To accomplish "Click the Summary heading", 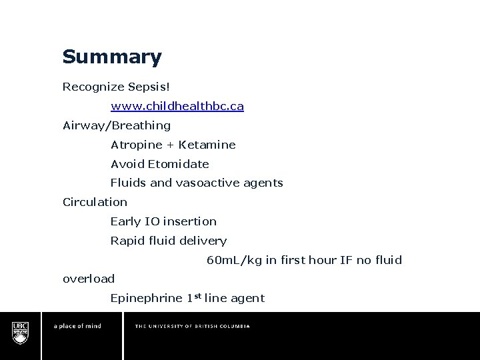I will point(112,57).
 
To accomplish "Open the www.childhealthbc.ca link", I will point(177,106).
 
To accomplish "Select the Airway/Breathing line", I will point(117,125).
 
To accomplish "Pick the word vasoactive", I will point(205,183).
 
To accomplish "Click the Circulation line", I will point(95,201).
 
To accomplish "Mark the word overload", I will point(89,279).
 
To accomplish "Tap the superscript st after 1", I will point(197,295).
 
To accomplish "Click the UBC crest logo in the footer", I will point(20,331).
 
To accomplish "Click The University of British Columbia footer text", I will point(193,327).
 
